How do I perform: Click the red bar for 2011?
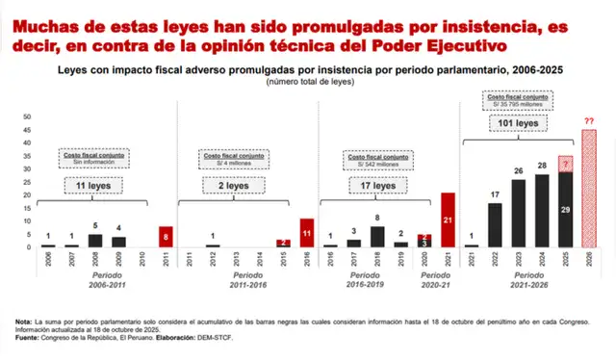[167, 237]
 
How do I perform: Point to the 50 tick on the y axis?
[26, 116]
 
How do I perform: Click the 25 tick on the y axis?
[26, 182]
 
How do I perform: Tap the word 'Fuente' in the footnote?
[27, 339]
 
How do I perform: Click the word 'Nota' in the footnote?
[23, 321]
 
